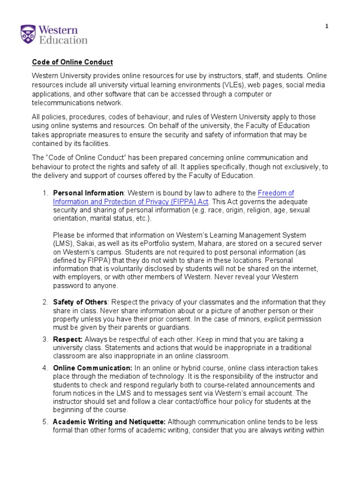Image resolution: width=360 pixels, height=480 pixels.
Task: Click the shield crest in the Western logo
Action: point(28,35)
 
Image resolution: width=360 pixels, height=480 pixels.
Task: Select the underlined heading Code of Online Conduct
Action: point(72,62)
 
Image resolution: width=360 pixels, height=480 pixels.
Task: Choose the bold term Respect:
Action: point(68,339)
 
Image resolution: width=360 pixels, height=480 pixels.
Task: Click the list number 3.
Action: point(45,339)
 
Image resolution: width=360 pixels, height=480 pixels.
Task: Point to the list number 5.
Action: point(45,422)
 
